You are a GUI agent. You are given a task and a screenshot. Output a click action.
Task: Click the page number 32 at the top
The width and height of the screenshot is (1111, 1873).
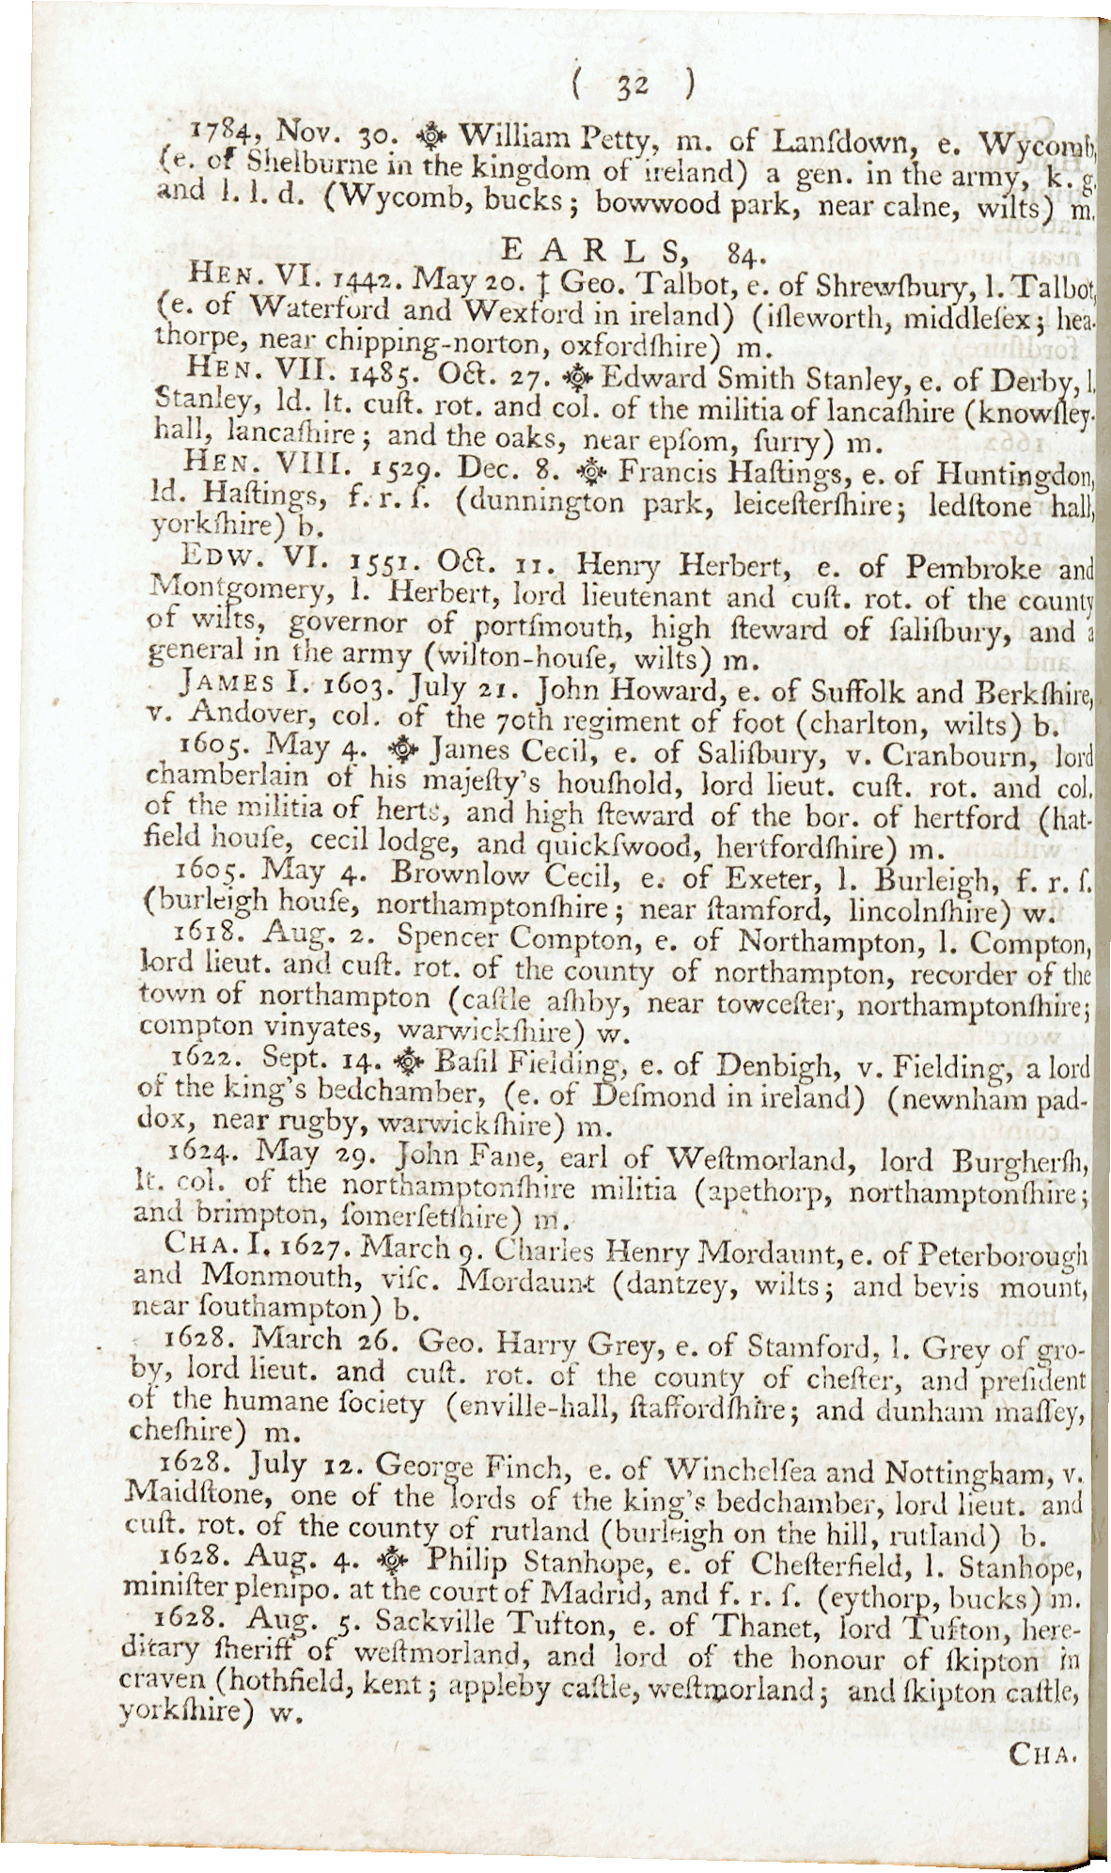pos(629,87)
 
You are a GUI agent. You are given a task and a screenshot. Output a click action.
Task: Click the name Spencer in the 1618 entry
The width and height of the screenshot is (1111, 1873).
pos(446,938)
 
